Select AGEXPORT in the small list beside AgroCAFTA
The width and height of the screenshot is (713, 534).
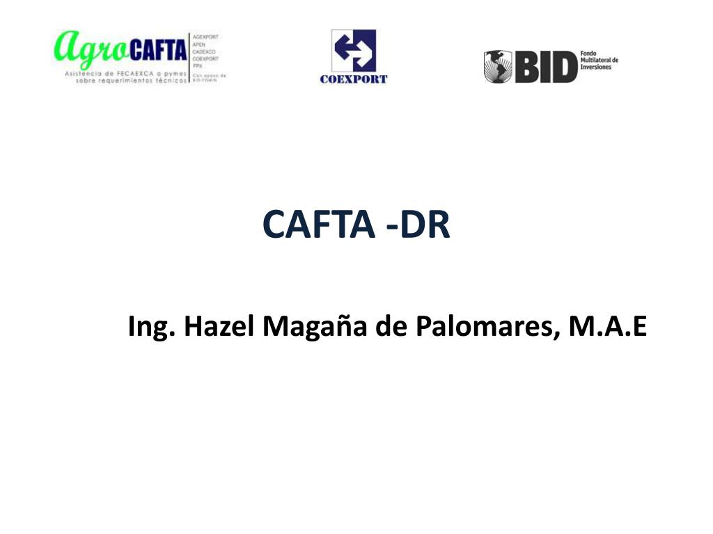point(205,36)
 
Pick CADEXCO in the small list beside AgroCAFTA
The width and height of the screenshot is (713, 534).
point(204,51)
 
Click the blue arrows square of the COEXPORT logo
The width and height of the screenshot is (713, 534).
point(354,51)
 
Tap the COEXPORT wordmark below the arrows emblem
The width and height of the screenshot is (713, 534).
point(354,79)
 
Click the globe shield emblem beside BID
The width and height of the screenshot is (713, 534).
point(499,67)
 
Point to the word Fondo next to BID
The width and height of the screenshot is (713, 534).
point(588,53)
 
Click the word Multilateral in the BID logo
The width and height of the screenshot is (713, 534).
point(598,60)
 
